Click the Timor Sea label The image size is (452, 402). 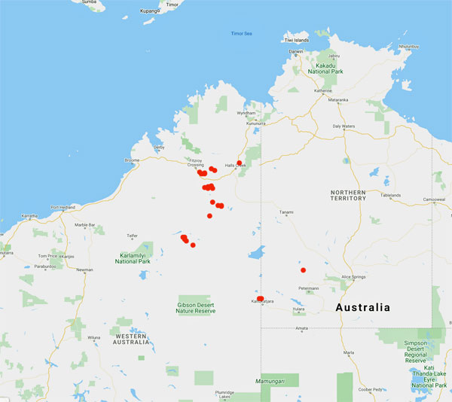click(x=240, y=34)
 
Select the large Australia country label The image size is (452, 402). click(x=363, y=307)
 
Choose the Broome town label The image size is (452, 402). click(x=132, y=160)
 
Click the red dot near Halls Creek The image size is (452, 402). click(x=239, y=163)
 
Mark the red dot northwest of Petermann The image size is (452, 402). click(x=303, y=270)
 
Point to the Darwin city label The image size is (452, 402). click(x=296, y=51)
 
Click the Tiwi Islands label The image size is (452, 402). click(x=296, y=39)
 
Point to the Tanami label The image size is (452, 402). click(x=287, y=212)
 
